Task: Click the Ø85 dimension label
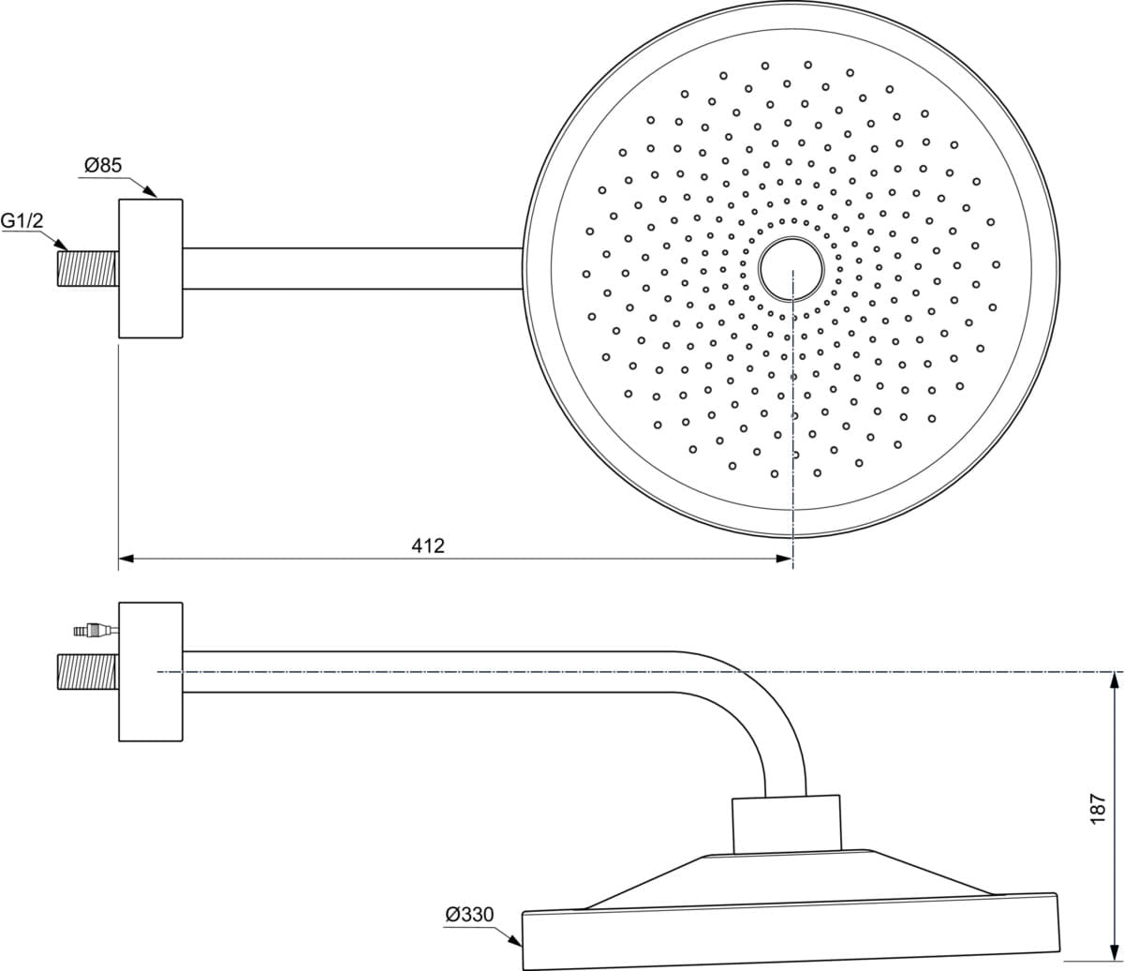coord(103,165)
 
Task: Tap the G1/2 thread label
coord(22,220)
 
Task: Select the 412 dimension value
coord(428,545)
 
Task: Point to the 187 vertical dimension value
coord(1098,809)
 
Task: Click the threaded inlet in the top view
coord(88,268)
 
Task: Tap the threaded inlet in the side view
coord(88,672)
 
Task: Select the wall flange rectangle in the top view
coord(151,268)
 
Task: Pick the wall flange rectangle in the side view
coord(151,672)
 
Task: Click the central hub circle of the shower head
coord(791,237)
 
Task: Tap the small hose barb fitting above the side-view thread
coord(96,630)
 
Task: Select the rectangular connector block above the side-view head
coord(786,824)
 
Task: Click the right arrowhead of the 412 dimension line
coord(784,559)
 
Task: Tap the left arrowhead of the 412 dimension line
coord(126,559)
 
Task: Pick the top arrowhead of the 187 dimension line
coord(1113,680)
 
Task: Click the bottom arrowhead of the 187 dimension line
coord(1113,952)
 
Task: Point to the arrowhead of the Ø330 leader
coord(515,940)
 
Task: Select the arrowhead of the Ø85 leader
coord(150,191)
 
